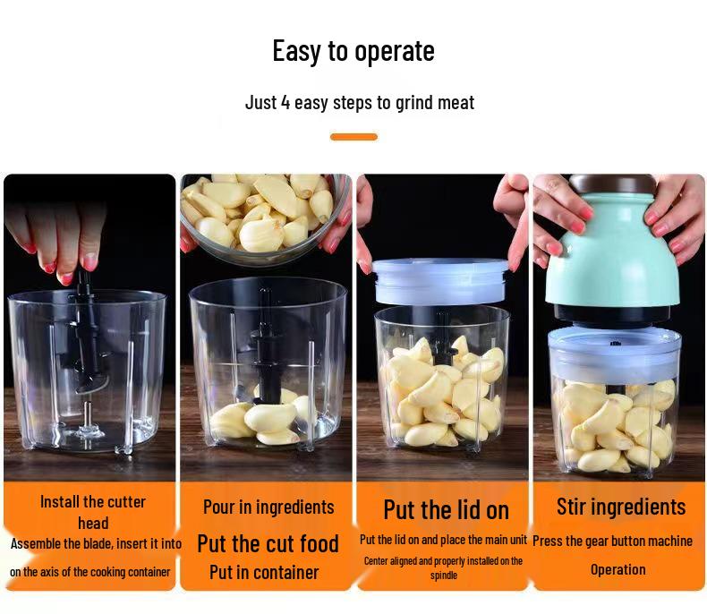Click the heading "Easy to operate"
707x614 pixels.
[x=353, y=51]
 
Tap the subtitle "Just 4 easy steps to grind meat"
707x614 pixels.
[x=360, y=102]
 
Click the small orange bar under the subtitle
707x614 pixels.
[x=353, y=137]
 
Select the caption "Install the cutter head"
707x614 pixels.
[x=93, y=512]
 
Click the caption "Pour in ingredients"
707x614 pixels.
[x=268, y=507]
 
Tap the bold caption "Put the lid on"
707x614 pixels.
[x=446, y=510]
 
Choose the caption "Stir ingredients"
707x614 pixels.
[x=620, y=507]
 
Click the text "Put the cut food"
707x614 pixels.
[x=268, y=543]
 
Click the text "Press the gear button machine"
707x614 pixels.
[x=612, y=541]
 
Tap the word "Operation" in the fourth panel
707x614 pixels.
[x=618, y=569]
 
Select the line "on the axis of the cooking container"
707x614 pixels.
[x=89, y=572]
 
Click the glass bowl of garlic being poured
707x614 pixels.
[x=265, y=215]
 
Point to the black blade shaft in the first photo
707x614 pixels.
[x=86, y=331]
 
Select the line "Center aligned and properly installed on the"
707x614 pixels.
[x=443, y=560]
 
